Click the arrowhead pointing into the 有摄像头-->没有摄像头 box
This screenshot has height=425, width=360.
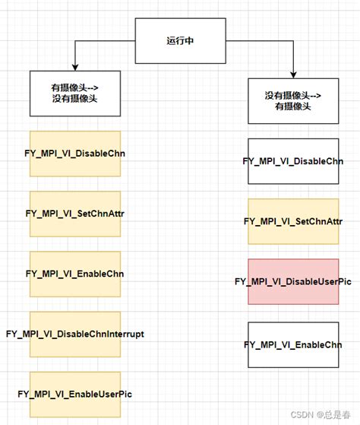click(x=75, y=65)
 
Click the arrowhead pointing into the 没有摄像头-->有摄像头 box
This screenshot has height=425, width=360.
click(x=293, y=74)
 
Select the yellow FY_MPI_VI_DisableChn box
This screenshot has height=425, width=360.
click(x=75, y=154)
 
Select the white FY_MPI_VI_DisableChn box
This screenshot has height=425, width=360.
click(x=292, y=161)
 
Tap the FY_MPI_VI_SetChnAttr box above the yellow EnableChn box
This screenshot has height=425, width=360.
click(x=75, y=214)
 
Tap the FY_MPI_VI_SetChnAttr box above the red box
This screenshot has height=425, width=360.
click(x=292, y=221)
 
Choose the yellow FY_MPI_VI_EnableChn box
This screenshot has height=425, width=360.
click(x=75, y=274)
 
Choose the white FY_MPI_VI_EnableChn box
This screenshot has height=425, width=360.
click(x=292, y=344)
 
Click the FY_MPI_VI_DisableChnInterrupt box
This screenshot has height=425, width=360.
click(x=75, y=334)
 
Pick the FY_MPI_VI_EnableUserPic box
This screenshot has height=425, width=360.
click(x=75, y=394)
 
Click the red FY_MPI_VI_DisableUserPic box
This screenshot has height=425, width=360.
click(x=292, y=282)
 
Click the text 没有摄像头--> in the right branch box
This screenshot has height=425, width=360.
click(x=292, y=95)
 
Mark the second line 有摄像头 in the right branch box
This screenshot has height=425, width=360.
click(x=292, y=107)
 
